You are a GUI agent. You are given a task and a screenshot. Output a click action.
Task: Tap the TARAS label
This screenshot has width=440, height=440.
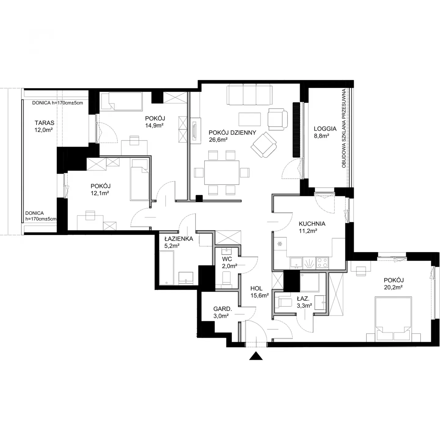(45, 123)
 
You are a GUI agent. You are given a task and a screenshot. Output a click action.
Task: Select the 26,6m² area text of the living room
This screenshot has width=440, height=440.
(218, 140)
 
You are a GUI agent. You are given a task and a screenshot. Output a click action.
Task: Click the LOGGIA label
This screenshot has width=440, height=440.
(325, 129)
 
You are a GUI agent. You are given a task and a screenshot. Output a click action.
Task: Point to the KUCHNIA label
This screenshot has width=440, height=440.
(312, 224)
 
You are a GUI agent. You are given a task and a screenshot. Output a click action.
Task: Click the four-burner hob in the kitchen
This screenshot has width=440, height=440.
(322, 262)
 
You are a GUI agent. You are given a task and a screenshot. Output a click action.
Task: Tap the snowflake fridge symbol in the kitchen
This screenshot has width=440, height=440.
(279, 244)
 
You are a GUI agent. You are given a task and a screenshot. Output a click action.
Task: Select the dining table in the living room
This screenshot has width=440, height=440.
(222, 173)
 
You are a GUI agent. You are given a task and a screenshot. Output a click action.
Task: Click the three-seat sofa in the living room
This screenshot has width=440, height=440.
(250, 94)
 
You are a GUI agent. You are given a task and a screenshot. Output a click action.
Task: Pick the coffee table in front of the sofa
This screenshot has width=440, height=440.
(250, 119)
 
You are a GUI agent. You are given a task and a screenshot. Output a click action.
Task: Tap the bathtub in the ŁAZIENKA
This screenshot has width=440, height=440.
(167, 268)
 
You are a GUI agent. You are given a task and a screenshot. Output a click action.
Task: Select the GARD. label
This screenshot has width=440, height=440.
(223, 309)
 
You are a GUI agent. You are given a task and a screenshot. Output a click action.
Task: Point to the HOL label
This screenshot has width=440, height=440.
(256, 288)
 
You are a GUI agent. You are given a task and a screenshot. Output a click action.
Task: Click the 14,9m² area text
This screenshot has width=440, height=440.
(154, 125)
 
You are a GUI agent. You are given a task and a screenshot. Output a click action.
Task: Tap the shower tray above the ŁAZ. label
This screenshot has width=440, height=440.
(310, 282)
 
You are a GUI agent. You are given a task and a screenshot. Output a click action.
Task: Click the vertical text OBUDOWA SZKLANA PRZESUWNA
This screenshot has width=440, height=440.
(344, 129)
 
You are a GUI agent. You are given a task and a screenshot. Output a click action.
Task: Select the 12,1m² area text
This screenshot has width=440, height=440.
(100, 193)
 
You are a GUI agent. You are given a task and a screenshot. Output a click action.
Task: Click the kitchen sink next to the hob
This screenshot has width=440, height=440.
(296, 262)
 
